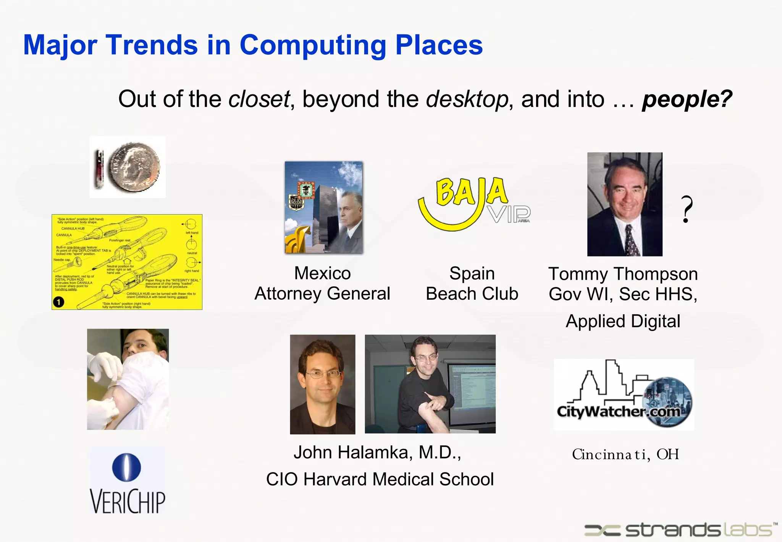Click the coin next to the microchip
click(x=134, y=167)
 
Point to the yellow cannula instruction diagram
click(x=127, y=262)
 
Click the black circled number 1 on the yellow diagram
click(x=59, y=302)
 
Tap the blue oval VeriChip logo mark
click(x=127, y=467)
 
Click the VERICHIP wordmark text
click(x=128, y=501)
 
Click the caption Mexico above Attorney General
click(x=322, y=273)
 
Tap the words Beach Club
click(x=472, y=294)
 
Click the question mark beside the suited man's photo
click(x=687, y=209)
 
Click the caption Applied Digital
click(x=623, y=321)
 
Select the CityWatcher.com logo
click(x=624, y=395)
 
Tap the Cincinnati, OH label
click(x=625, y=454)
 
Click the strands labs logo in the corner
click(x=680, y=530)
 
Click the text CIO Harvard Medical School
click(x=380, y=479)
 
